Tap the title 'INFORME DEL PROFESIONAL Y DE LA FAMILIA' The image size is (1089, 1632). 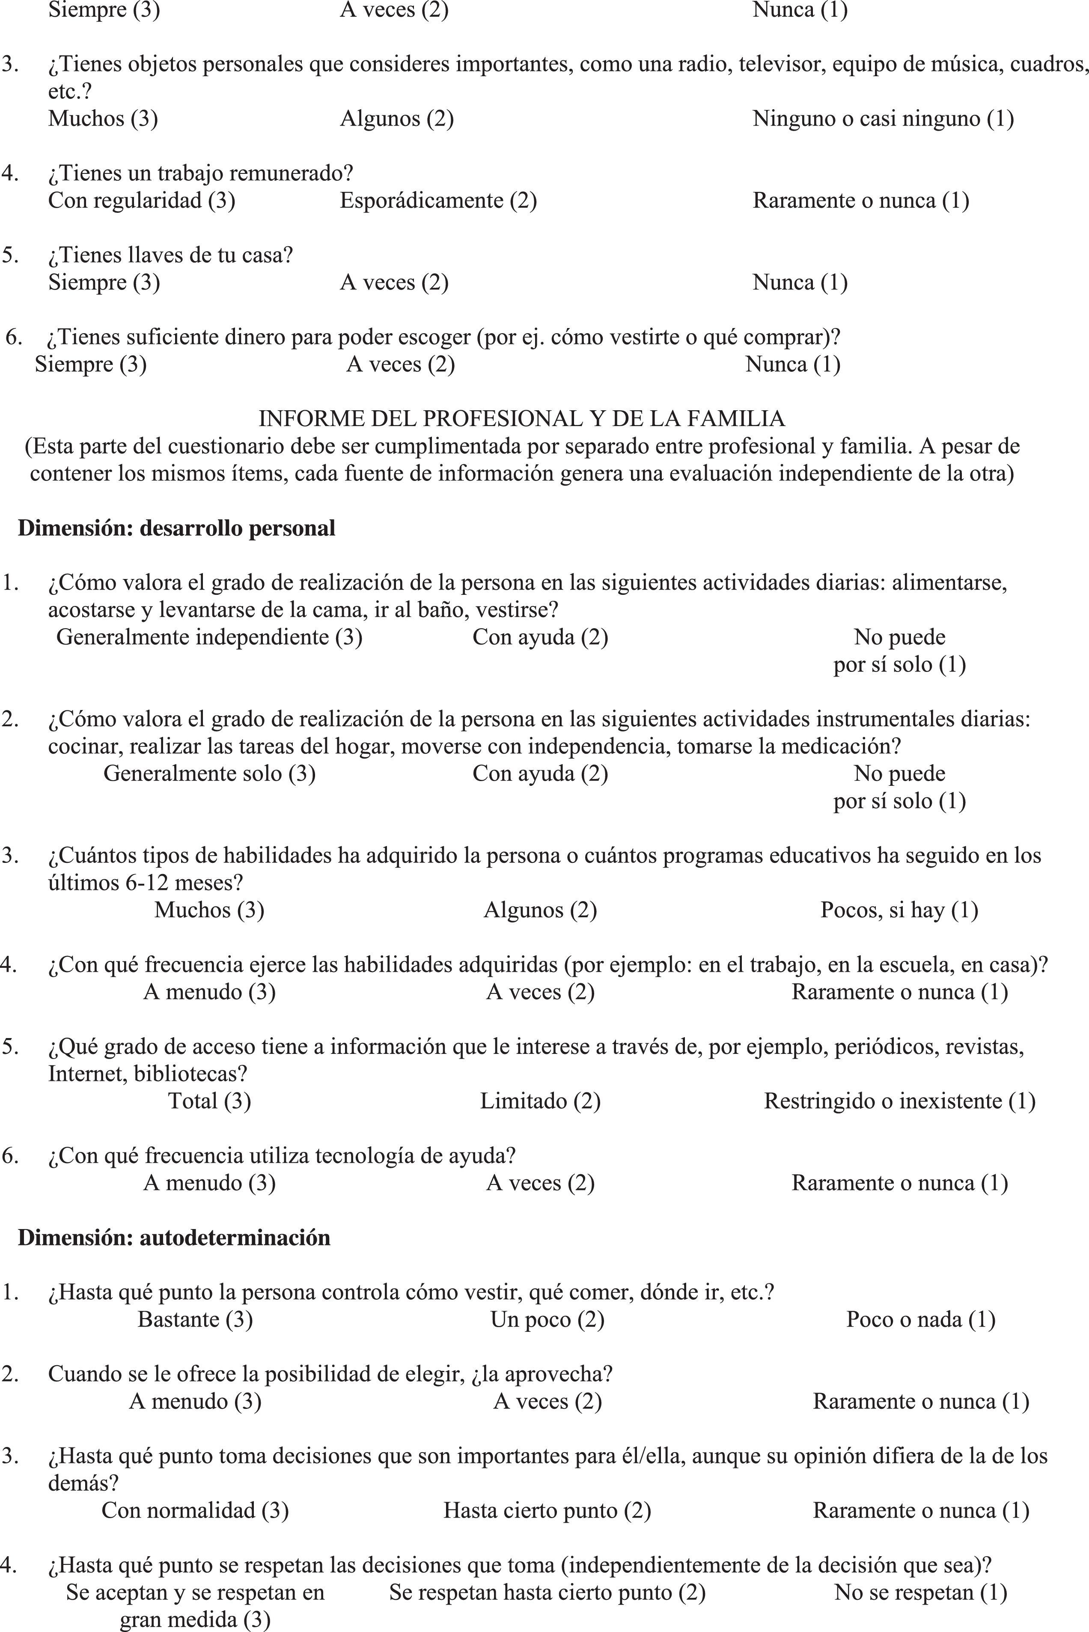521,418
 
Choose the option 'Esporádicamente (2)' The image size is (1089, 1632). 438,201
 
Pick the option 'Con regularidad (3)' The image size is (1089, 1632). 142,201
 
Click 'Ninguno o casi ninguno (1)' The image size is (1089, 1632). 883,119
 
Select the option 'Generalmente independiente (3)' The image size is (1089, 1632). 209,637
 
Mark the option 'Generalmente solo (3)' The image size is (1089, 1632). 209,773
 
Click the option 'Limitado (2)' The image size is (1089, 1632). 540,1101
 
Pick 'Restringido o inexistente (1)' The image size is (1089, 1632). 899,1101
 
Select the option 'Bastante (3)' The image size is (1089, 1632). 195,1319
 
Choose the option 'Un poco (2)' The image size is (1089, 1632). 547,1319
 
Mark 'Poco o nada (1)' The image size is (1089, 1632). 920,1319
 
